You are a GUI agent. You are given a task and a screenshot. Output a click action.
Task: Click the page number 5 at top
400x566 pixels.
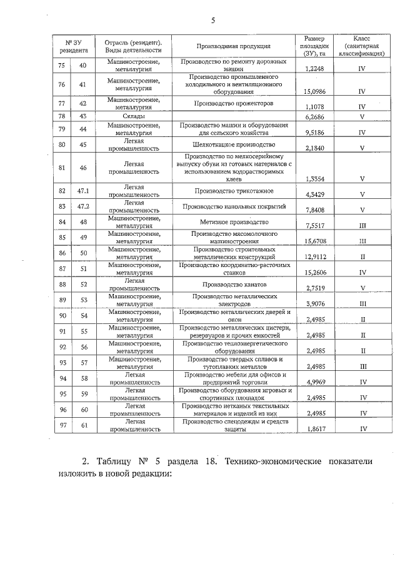pyautogui.click(x=212, y=20)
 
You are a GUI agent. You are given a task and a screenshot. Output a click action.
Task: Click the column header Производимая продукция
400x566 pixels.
pyautogui.click(x=233, y=46)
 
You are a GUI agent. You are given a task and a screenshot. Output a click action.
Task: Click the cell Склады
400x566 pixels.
pyautogui.click(x=134, y=116)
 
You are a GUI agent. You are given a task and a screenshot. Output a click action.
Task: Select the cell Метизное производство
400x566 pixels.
pyautogui.click(x=233, y=222)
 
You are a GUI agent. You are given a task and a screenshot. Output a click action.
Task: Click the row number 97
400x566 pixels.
pyautogui.click(x=61, y=426)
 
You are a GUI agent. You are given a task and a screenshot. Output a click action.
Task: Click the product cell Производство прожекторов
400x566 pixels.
pyautogui.click(x=233, y=103)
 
